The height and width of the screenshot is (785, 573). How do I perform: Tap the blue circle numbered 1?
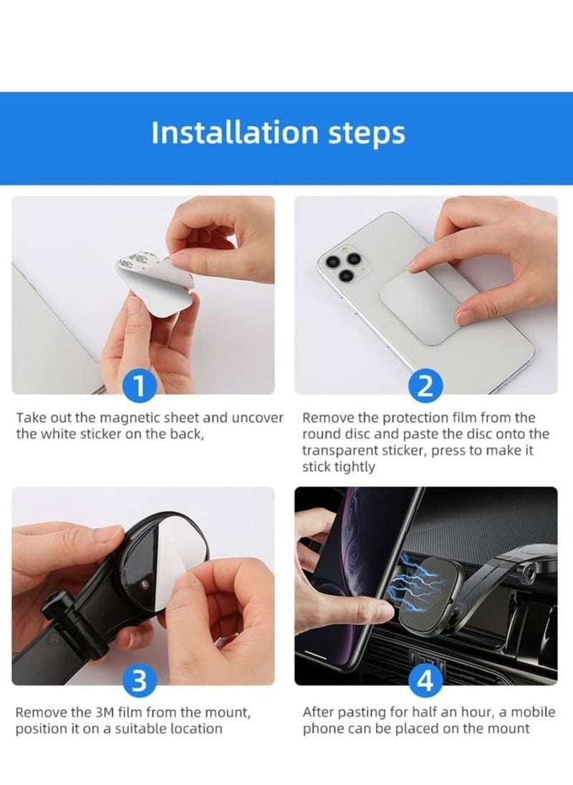[x=141, y=387]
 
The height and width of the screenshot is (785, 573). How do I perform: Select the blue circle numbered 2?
[x=425, y=387]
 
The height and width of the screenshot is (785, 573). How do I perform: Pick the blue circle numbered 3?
[x=141, y=682]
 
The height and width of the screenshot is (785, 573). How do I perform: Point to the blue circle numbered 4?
[x=425, y=682]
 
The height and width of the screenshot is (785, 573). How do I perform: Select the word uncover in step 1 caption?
[x=258, y=418]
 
